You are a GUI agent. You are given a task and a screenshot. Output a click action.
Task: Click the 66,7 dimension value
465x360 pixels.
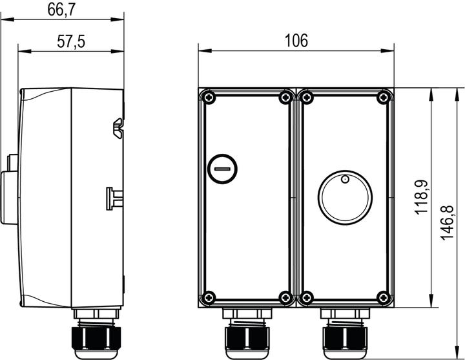66,9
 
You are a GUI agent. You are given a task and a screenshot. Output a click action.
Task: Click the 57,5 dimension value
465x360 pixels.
72,42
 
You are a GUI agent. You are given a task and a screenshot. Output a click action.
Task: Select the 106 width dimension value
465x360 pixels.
296,41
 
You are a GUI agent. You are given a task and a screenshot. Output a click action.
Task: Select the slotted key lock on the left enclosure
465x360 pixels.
223,171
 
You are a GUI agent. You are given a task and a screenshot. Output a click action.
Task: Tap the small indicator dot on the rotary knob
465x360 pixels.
345,179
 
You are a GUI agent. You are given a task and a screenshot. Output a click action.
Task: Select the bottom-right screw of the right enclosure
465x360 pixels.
383,297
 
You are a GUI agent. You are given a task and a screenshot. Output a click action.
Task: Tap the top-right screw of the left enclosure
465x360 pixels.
284,98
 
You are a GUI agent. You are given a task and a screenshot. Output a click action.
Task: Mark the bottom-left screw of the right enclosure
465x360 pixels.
306,297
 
